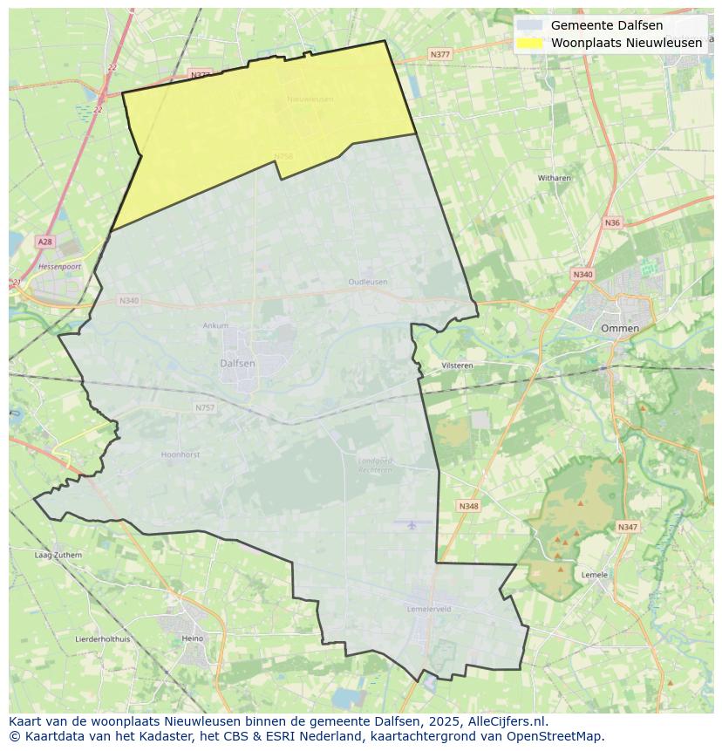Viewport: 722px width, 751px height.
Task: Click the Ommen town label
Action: click(619, 329)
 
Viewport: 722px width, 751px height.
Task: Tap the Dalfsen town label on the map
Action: click(237, 363)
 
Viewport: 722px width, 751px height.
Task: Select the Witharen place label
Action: click(554, 178)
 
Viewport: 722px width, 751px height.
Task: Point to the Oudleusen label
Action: click(367, 283)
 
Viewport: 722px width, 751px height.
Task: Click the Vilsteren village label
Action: click(457, 365)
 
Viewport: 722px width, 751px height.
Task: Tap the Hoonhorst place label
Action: click(180, 454)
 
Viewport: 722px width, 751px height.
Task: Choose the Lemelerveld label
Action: click(429, 609)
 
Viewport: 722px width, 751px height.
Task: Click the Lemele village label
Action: click(594, 574)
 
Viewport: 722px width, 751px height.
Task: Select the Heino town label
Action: click(192, 638)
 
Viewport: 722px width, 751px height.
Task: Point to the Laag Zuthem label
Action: click(58, 555)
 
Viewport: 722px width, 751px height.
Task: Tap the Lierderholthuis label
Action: click(102, 638)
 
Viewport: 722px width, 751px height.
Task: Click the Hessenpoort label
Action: click(59, 265)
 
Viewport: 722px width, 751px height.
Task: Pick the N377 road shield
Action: click(439, 54)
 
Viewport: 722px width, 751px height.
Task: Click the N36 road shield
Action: click(612, 222)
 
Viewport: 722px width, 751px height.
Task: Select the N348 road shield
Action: click(468, 506)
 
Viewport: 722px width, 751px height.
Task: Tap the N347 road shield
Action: click(627, 527)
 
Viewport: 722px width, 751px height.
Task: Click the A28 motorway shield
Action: click(44, 242)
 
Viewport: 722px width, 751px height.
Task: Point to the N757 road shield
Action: click(204, 407)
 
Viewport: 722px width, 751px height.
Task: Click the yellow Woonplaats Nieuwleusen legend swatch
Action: click(529, 43)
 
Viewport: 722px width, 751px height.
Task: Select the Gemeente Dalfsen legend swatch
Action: click(529, 26)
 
